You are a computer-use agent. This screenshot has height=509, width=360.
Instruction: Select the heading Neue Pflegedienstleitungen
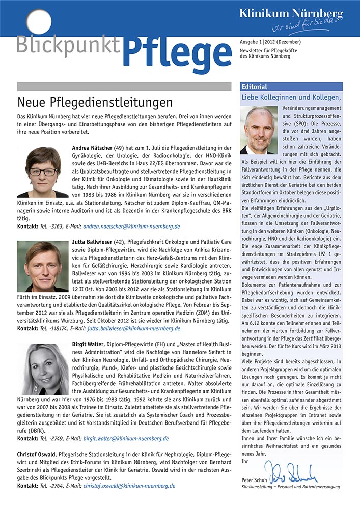point(95,102)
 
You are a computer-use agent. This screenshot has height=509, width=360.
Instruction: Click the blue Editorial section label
point(255,87)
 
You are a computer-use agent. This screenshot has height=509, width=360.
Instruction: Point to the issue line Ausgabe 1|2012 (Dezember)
point(270,42)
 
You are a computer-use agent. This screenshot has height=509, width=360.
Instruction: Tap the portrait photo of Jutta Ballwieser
point(43,266)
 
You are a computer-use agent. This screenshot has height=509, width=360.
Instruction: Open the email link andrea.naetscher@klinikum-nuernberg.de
point(139,226)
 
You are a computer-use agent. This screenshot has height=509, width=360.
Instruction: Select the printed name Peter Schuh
point(254,480)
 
